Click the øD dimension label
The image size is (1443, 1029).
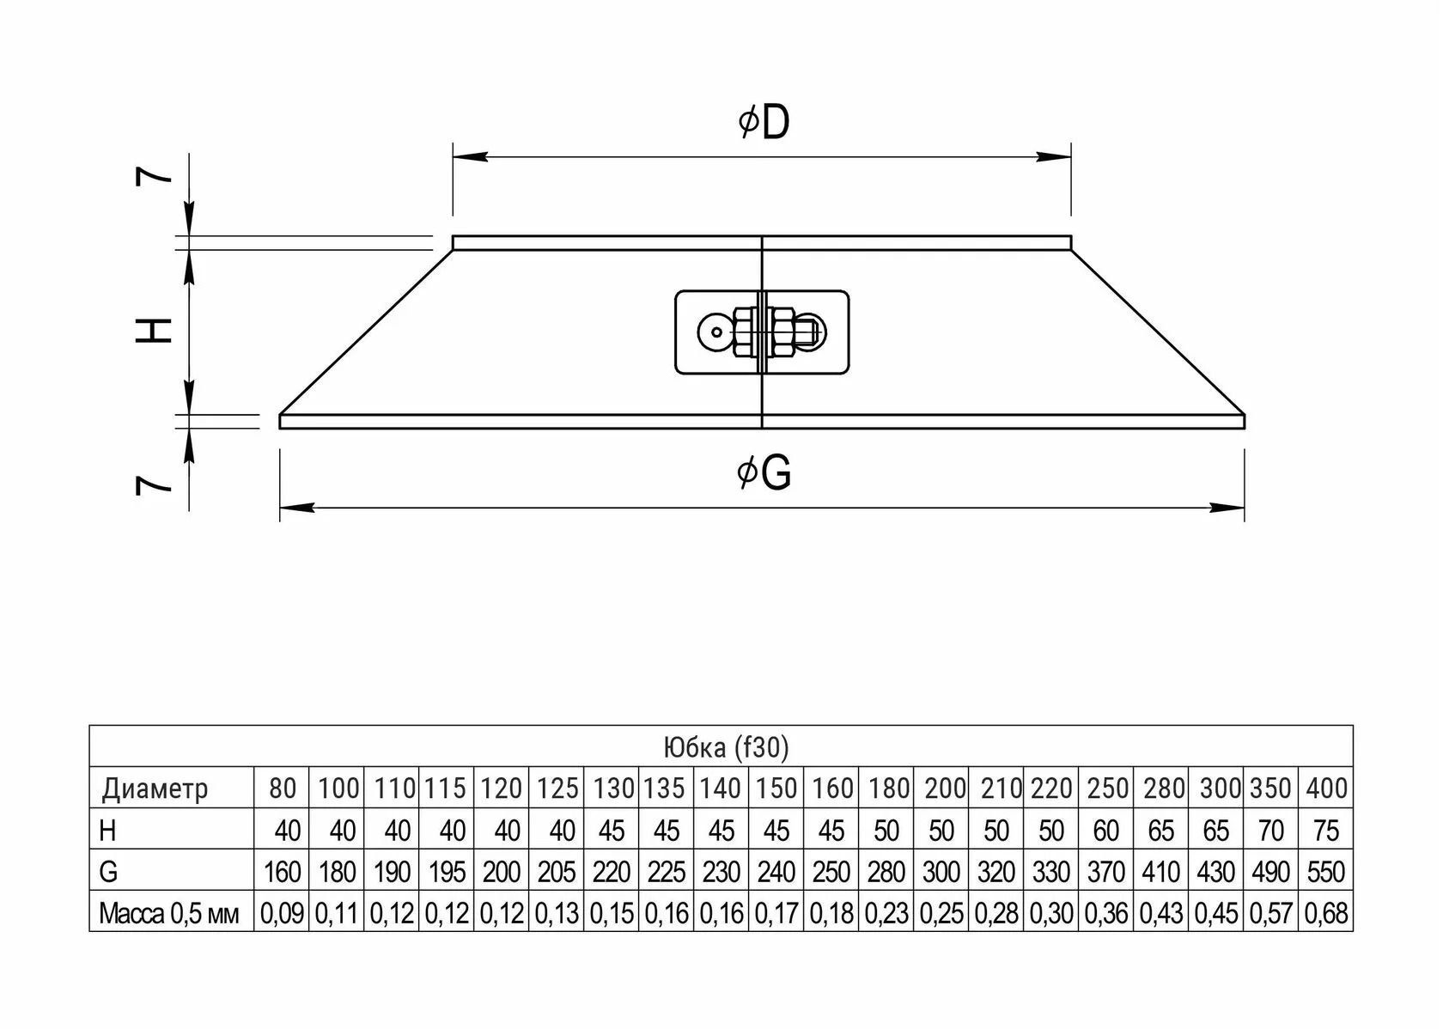click(x=764, y=122)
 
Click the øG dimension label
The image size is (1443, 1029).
click(x=764, y=472)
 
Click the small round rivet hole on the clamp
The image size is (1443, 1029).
click(x=717, y=332)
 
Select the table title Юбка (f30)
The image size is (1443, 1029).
click(x=726, y=746)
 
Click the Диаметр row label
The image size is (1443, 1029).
click(x=155, y=788)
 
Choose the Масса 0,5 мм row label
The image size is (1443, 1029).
click(x=168, y=913)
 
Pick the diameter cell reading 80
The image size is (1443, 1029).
click(x=282, y=788)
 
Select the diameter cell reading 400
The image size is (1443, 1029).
click(x=1326, y=788)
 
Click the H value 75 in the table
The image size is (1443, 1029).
click(x=1326, y=831)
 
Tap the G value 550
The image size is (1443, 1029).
click(x=1326, y=872)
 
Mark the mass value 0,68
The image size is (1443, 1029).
click(x=1326, y=913)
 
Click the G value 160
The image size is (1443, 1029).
click(x=282, y=872)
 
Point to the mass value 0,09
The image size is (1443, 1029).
click(x=282, y=913)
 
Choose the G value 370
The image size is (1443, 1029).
click(x=1106, y=872)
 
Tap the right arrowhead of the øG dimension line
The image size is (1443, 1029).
click(x=1227, y=508)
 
